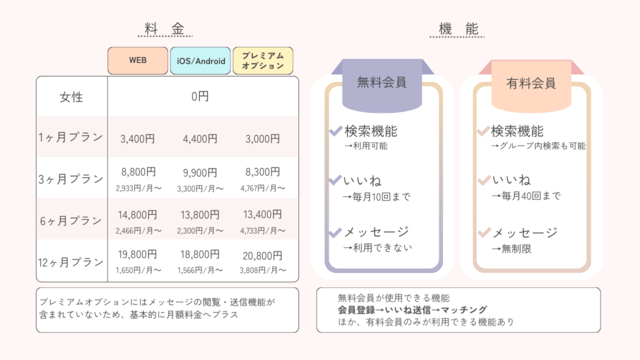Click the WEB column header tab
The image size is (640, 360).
(138, 61)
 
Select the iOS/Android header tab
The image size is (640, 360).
(201, 61)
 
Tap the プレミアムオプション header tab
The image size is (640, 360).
(263, 61)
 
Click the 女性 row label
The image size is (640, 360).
(71, 97)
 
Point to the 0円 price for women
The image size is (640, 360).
(200, 96)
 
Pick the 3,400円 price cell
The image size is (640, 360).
(137, 139)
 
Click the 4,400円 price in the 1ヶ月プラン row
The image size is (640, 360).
(200, 139)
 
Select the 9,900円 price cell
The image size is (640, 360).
(200, 172)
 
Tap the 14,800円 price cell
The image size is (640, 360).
(137, 215)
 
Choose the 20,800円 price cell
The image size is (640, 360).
(262, 256)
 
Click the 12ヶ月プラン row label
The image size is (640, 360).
(71, 262)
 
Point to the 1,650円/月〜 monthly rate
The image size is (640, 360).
(138, 270)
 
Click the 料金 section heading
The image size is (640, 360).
(165, 29)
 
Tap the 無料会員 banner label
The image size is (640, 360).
(382, 82)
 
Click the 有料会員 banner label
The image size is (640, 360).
(531, 83)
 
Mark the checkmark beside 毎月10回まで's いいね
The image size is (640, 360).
(335, 180)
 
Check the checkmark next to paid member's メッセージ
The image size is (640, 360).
(484, 232)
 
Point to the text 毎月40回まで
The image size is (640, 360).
(531, 196)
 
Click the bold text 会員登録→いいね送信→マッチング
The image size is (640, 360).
(412, 310)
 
